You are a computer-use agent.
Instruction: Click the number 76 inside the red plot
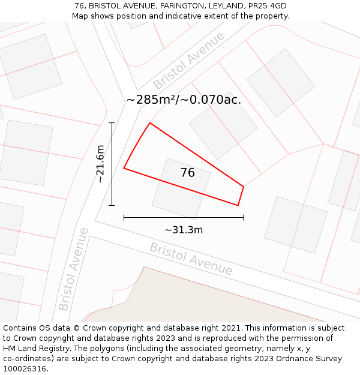pyautogui.click(x=187, y=173)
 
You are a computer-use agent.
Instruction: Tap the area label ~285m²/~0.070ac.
pyautogui.click(x=184, y=100)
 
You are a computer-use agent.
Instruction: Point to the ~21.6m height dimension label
pyautogui.click(x=100, y=164)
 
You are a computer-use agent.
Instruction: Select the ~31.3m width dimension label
pyautogui.click(x=184, y=230)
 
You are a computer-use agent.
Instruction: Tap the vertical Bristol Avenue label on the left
pyautogui.click(x=73, y=269)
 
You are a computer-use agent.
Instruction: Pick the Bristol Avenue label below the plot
pyautogui.click(x=191, y=259)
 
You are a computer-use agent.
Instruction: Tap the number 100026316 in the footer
pyautogui.click(x=25, y=369)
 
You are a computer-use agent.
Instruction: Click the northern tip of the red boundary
pyautogui.click(x=149, y=123)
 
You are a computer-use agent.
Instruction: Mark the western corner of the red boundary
pyautogui.click(x=124, y=168)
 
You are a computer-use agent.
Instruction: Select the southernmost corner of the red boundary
pyautogui.click(x=238, y=205)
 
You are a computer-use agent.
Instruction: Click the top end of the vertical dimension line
pyautogui.click(x=112, y=123)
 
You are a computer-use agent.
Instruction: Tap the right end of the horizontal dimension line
pyautogui.click(x=244, y=217)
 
